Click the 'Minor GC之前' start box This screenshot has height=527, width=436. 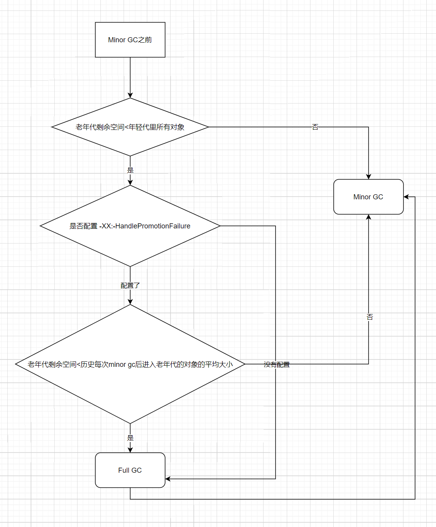130,40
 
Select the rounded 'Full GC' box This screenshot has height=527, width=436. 130,470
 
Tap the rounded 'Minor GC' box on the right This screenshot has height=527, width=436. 368,197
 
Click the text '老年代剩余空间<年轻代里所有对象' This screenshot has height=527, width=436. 130,127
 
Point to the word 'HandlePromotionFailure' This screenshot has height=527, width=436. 153,226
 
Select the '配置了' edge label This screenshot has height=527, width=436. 130,285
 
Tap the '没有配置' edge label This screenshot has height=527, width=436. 277,365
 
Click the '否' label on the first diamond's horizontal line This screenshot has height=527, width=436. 315,127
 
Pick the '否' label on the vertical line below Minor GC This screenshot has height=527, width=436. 370,317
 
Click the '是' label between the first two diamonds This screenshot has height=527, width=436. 130,170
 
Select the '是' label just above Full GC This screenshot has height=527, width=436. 130,438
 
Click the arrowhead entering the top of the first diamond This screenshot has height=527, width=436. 130,95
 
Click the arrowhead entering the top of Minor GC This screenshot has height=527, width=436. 369,176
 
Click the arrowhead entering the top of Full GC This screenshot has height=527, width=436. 130,450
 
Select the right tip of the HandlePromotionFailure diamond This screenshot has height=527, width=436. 220,226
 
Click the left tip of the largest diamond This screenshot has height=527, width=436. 16,364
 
